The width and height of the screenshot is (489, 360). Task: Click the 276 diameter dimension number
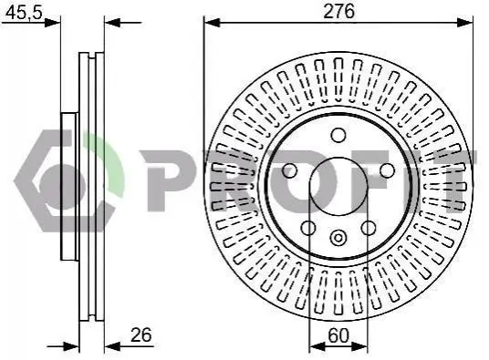coord(339,12)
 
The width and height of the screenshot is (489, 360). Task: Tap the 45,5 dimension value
coord(24,13)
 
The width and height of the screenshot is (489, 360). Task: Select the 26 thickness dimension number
coord(141,334)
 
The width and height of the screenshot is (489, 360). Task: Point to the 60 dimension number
coord(338,335)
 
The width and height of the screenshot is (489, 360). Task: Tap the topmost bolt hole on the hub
coord(338,135)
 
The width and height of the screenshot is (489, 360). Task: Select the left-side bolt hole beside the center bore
coord(290,170)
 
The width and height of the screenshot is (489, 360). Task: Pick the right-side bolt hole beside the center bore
coord(387,170)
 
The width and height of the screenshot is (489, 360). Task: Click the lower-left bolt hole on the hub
coord(308,228)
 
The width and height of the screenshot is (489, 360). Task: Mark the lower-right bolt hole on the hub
coord(369,228)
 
